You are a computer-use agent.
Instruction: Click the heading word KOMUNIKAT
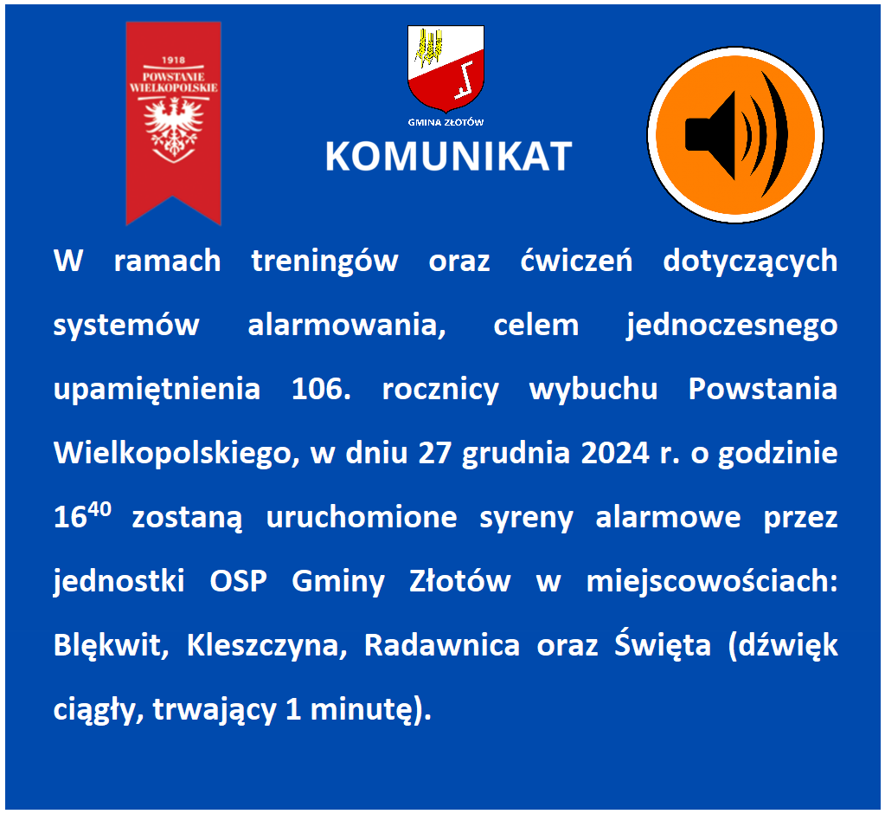pos(449,157)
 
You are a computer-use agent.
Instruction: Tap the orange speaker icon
pos(734,134)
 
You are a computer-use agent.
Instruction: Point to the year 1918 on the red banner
pos(173,60)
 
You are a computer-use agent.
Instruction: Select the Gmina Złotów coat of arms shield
pos(446,68)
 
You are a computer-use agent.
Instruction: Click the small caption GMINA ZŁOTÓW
pos(446,122)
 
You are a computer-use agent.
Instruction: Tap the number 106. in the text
pos(321,389)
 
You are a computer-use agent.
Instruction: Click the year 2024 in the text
pos(615,453)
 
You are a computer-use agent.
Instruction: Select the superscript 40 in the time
pos(99,509)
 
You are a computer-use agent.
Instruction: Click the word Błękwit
pos(112,645)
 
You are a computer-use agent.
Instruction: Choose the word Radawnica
pos(441,645)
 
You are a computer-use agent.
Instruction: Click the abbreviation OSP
pos(238,581)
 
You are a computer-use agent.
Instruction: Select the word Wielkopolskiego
pos(176,453)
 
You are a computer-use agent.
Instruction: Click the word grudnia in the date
pos(516,454)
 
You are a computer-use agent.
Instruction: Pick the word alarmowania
pos(347,326)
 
